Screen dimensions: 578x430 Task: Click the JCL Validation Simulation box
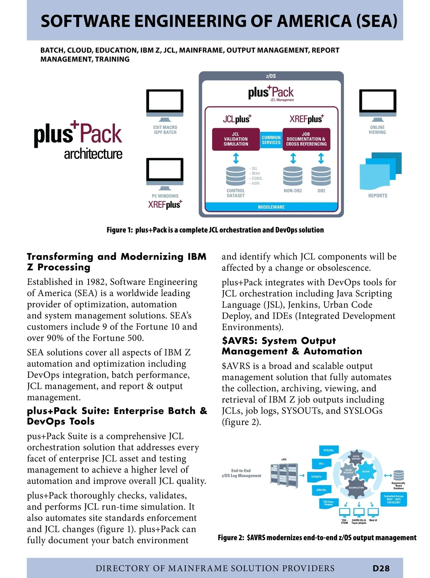coord(236,139)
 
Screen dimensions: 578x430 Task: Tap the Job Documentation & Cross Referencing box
coord(306,139)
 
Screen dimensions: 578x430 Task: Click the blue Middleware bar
coord(271,207)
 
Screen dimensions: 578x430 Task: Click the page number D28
coord(381,568)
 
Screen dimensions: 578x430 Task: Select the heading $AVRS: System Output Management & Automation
coord(292,346)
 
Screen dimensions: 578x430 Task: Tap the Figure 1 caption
coord(215,230)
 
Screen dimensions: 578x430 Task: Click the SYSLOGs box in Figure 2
coord(328,450)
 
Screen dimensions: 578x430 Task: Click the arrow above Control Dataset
coord(236,158)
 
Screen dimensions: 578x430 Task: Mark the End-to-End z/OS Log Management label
coord(241,473)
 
